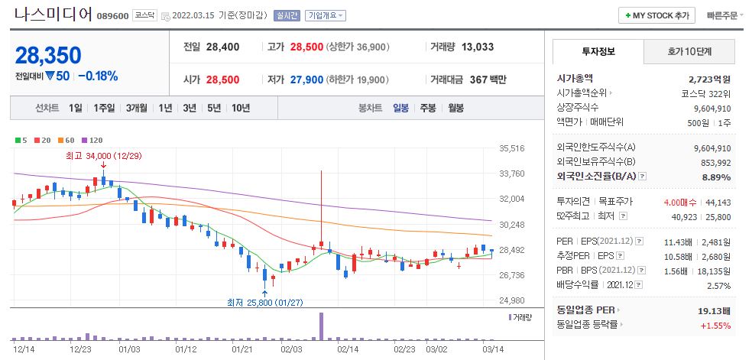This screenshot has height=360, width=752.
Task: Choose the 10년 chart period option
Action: coord(240,108)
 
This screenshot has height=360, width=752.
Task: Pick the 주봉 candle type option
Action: coord(428,108)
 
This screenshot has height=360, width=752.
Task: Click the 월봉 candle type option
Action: coord(455,108)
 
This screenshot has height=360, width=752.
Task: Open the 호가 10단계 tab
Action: coord(689,52)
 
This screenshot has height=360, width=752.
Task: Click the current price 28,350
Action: coord(48,55)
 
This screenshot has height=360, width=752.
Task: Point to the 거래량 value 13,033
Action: coord(478,47)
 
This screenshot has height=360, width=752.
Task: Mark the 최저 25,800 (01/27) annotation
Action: coord(264,302)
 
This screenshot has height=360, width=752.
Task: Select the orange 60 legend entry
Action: coord(69,140)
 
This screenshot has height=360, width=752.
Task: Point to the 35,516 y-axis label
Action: coord(511,148)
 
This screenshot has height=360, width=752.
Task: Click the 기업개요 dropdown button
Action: coord(326,15)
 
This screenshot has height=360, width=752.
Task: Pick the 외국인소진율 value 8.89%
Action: coord(716,177)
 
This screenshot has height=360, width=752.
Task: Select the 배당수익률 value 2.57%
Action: coord(719,286)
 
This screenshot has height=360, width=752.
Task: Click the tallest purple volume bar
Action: coord(322,326)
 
